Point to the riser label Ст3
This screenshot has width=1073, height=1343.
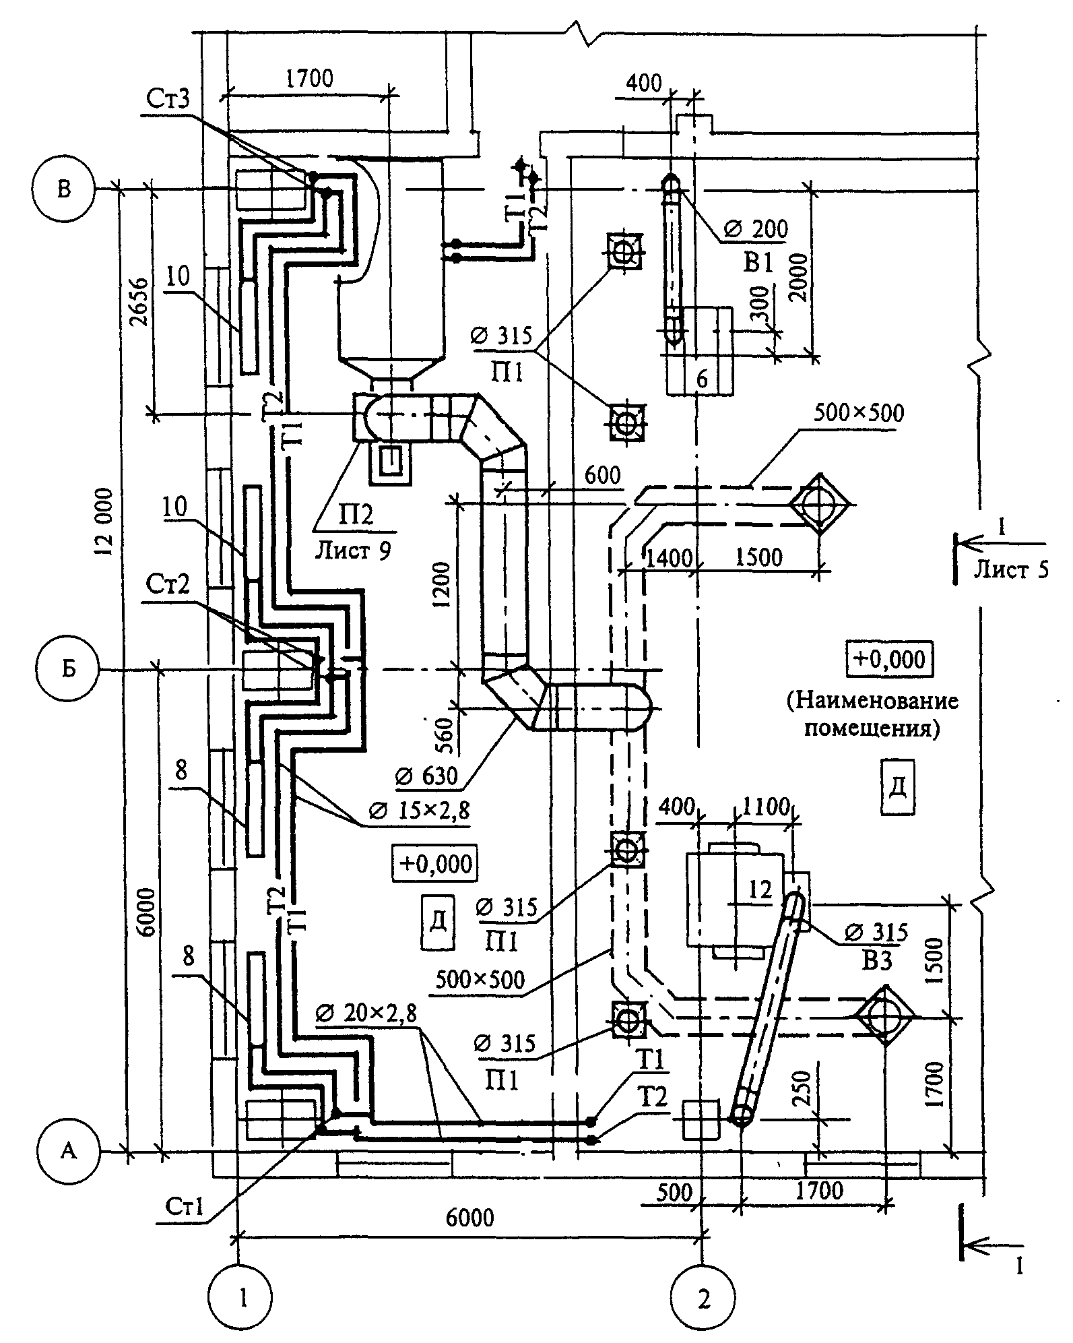[x=168, y=99]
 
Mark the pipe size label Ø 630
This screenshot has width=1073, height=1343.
[x=427, y=776]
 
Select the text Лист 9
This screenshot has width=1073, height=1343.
[x=353, y=551]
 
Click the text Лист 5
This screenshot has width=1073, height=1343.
[x=1011, y=571]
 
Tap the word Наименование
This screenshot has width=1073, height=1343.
[x=873, y=700]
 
